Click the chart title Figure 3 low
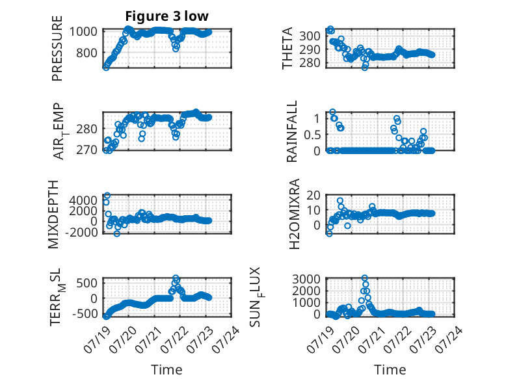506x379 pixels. click(x=167, y=16)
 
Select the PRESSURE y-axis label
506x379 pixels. click(x=57, y=48)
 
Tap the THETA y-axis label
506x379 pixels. click(x=287, y=48)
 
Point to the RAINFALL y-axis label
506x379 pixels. click(x=291, y=131)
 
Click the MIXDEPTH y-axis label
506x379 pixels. click(x=53, y=215)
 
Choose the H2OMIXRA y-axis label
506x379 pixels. click(x=295, y=214)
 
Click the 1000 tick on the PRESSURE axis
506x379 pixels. click(x=83, y=32)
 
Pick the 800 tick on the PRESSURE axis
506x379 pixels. click(x=87, y=53)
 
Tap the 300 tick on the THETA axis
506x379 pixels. click(x=310, y=36)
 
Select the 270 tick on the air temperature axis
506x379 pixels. click(x=87, y=150)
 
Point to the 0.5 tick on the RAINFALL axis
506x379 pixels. click(x=312, y=135)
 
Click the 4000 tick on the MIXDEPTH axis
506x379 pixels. click(x=83, y=200)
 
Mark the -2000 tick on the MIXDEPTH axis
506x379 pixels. click(x=81, y=232)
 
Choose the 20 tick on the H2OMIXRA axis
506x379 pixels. click(x=313, y=195)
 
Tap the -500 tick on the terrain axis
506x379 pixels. click(x=85, y=313)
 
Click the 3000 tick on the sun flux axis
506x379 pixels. click(x=306, y=279)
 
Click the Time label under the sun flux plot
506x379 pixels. click(x=390, y=370)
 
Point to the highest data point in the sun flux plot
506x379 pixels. click(x=365, y=278)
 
